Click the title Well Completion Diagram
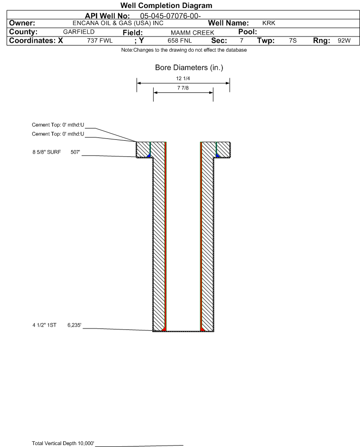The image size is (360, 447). point(166,5)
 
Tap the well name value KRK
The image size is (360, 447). point(268,23)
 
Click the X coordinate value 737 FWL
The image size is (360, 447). point(100,41)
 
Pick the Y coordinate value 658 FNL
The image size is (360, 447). point(179,41)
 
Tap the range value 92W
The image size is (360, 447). point(344,41)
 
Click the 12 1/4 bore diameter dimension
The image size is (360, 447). point(183,78)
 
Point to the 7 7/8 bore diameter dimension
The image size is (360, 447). point(183,88)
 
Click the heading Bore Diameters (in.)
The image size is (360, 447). point(189,68)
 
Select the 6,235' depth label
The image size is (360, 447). point(75,325)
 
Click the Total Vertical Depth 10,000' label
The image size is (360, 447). point(63,443)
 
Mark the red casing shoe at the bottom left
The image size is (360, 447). point(164,328)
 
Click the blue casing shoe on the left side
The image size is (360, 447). point(149,155)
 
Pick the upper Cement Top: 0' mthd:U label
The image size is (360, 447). point(58,125)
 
